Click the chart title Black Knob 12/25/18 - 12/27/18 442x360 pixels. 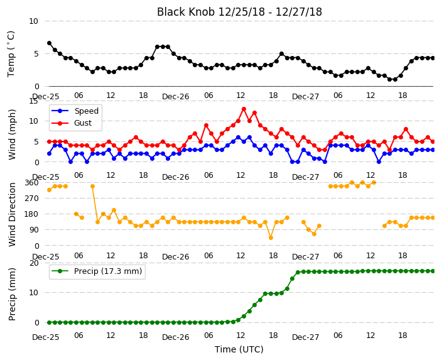239,12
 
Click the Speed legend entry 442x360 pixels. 75,111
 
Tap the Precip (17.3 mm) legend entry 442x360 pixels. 97,271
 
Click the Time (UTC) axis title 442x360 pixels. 239,349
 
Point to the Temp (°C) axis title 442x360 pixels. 11,53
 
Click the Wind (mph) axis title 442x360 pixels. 12,134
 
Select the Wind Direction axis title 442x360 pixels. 12,214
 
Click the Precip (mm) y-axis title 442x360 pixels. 12,294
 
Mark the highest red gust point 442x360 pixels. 244,109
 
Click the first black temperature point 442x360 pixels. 50,43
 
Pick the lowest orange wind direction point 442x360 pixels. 271,238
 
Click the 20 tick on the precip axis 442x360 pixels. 34,263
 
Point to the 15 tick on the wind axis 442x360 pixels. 33,101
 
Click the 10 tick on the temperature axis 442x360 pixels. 33,21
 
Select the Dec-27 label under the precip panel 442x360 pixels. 306,337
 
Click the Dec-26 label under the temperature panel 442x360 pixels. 176,97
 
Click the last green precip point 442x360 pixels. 433,271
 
